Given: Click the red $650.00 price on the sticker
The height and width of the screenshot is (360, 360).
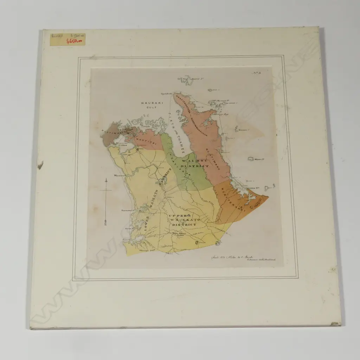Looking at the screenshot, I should [x=75, y=41].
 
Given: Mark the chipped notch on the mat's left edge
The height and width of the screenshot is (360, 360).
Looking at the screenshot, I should [x=40, y=165].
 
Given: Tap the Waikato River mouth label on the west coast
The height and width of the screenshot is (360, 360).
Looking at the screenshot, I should [x=117, y=175].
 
